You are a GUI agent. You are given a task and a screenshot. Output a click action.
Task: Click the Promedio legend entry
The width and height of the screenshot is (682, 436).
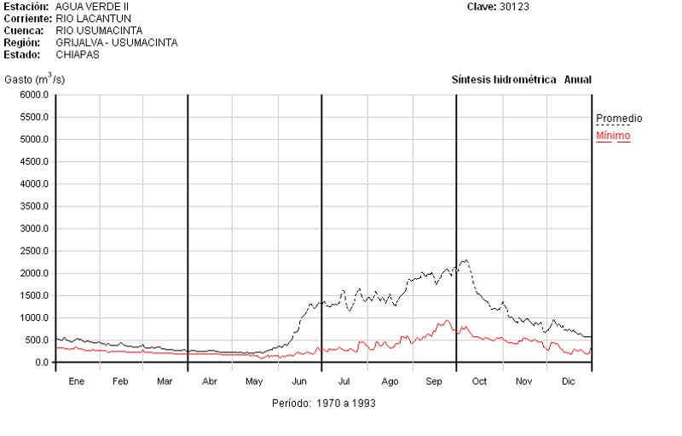(619, 119)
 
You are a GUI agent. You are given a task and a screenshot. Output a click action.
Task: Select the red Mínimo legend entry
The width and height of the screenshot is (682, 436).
(613, 136)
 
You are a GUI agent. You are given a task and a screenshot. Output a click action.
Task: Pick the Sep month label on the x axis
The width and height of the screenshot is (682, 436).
(435, 381)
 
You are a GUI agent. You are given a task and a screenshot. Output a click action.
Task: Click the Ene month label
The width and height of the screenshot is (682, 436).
(77, 381)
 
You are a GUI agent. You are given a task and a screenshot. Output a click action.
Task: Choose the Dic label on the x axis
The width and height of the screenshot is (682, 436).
(569, 381)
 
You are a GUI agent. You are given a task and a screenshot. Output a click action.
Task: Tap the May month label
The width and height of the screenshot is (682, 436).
(255, 381)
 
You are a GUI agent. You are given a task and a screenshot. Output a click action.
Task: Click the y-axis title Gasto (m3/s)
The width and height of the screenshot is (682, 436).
(34, 79)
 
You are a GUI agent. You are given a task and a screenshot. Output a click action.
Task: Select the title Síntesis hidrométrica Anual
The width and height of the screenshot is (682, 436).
(521, 79)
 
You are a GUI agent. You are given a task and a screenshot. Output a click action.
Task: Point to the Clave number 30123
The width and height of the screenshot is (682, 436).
(517, 7)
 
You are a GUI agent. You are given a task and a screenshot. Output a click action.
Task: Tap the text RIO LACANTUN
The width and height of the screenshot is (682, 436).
(93, 18)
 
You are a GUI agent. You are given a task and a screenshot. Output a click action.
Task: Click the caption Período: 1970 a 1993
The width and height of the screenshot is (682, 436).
(323, 403)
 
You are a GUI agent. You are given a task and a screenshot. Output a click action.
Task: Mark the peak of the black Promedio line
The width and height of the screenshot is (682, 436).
(465, 259)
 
